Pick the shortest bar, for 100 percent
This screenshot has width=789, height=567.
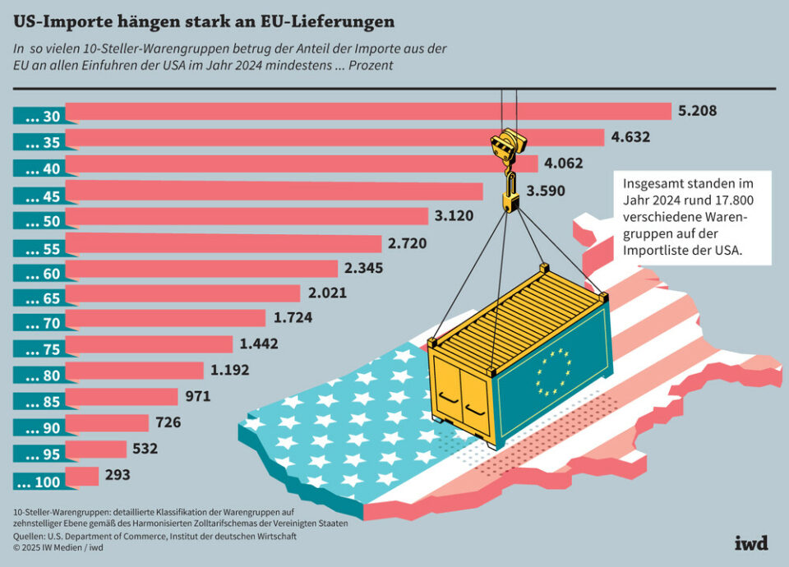pos(81,476)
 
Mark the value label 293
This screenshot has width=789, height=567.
pos(118,475)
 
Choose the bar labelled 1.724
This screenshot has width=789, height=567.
pos(165,318)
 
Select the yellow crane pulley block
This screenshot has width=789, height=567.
pos(507,144)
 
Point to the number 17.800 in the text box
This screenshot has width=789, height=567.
pos(734,201)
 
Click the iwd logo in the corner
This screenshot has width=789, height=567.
pos(750,543)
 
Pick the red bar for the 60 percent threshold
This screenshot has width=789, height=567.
pos(201,268)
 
